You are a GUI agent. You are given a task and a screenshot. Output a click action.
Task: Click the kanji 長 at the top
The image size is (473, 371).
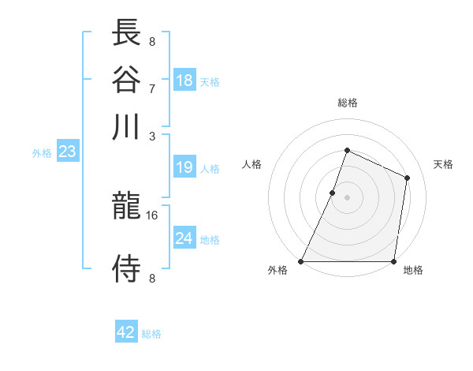point(127,33)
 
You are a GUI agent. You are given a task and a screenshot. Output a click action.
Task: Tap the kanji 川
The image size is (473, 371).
point(127,126)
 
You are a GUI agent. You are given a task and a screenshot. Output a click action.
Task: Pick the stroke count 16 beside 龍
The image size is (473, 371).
point(152,215)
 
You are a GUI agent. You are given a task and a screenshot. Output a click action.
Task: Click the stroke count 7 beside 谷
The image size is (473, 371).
point(152,88)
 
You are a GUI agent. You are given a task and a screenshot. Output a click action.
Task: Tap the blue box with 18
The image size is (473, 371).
point(184,80)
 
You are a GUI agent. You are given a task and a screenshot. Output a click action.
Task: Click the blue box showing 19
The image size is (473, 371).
point(184,167)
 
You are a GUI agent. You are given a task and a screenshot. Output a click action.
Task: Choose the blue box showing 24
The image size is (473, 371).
point(184,238)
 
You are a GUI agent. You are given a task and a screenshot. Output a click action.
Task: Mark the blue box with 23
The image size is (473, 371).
point(67,152)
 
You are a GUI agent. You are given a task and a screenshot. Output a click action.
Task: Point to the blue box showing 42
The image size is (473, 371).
point(126,332)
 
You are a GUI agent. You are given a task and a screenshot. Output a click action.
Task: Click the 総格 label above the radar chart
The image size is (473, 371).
point(347,103)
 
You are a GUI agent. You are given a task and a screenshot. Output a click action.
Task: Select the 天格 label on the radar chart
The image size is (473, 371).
point(443,164)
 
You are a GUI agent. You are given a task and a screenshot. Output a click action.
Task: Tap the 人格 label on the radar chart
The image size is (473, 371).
point(252,164)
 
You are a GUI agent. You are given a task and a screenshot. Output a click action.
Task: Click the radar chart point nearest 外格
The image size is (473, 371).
point(301,261)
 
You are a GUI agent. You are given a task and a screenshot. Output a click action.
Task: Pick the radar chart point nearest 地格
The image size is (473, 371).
point(393,261)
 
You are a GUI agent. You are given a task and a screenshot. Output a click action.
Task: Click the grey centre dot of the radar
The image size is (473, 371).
point(347,197)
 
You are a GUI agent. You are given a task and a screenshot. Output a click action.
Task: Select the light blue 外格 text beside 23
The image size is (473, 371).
point(42,153)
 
